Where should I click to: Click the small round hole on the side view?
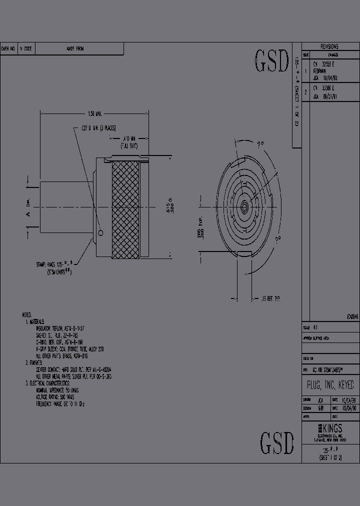click(101, 233)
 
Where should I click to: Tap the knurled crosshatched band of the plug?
click(126, 209)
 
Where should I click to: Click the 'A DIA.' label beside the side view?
click(28, 209)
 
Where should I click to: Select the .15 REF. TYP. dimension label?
click(271, 298)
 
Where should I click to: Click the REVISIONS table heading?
click(329, 46)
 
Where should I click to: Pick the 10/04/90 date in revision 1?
click(333, 78)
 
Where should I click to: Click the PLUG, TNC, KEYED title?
click(330, 385)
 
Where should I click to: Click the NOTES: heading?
click(26, 315)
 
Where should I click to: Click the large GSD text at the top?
click(272, 61)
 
